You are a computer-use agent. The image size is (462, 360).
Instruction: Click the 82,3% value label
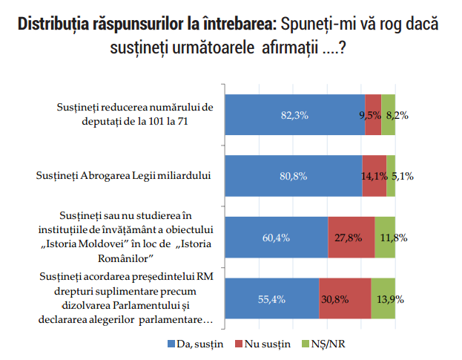coord(294,115)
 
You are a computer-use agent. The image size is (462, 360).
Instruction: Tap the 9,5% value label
coord(370,115)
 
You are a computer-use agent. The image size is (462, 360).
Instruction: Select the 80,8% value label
coord(293,177)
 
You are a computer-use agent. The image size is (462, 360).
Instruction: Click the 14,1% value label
coord(373,177)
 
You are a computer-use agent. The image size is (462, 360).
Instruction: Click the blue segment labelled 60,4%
coord(276,238)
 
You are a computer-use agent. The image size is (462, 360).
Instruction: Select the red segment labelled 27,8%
coord(351,238)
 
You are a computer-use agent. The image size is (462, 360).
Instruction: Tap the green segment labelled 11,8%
coord(385,238)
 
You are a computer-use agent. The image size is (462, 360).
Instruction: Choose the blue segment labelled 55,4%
coord(271,298)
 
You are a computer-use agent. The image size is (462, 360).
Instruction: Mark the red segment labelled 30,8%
coord(345,298)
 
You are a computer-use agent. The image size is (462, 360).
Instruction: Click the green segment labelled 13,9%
coord(383,298)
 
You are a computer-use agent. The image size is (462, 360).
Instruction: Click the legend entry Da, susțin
coord(195,344)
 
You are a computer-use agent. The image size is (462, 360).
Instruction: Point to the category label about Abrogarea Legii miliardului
coord(124,176)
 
